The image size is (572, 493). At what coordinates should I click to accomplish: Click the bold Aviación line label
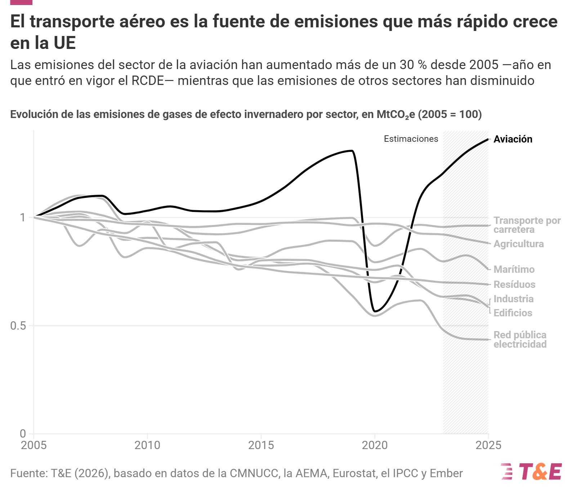(513, 139)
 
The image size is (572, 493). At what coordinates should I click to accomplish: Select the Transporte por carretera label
(527, 225)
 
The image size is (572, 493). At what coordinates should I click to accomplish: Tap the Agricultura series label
(519, 244)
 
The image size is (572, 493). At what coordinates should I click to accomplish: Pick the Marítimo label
(514, 270)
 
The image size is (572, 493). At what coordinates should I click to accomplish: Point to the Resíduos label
(514, 285)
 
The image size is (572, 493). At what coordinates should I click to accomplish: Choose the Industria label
(514, 299)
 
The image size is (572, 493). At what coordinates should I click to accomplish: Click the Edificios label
(513, 313)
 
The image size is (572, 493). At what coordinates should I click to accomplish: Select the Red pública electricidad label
(520, 340)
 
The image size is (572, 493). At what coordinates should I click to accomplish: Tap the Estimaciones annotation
(411, 139)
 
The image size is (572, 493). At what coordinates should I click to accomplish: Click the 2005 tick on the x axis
(34, 445)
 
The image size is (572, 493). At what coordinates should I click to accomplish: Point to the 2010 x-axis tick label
(147, 445)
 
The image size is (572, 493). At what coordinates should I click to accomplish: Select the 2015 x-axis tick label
(261, 445)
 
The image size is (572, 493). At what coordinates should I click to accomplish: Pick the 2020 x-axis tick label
(375, 445)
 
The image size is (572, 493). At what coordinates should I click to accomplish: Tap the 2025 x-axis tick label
(488, 445)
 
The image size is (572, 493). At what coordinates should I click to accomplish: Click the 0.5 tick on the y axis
(18, 326)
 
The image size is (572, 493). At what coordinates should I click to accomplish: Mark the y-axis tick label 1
(23, 218)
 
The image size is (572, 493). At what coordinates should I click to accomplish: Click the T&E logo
(531, 471)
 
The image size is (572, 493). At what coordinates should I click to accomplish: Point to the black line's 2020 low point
(375, 311)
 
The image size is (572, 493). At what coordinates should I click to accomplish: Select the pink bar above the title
(21, 2)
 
